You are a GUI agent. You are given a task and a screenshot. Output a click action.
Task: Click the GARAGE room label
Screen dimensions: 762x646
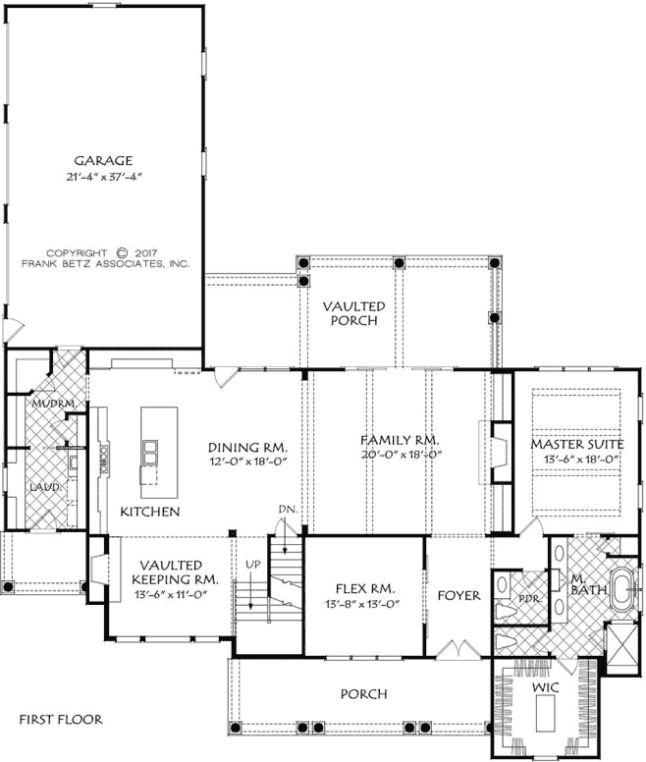102,160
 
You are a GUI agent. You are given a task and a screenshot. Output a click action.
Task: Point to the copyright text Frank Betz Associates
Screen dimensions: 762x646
105,263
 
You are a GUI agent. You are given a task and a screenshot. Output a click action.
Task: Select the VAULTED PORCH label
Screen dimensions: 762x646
353,313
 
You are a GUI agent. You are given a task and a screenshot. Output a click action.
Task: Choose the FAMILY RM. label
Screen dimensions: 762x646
400,441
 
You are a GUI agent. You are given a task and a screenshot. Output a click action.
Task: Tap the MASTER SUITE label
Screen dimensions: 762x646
575,444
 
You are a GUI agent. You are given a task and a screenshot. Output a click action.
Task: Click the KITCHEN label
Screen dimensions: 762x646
149,513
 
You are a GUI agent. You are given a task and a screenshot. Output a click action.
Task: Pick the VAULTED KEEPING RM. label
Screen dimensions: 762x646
170,572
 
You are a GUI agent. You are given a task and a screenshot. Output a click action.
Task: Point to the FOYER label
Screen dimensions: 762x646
458,595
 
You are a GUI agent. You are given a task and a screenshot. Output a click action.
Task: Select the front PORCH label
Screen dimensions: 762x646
363,694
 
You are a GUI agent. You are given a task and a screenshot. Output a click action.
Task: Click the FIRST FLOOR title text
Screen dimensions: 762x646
61,719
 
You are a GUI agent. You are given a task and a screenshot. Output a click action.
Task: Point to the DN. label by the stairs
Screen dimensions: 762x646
286,510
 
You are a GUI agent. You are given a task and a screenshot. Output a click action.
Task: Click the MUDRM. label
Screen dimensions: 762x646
45,405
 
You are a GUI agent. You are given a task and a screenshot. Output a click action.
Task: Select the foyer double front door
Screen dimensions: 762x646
457,651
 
